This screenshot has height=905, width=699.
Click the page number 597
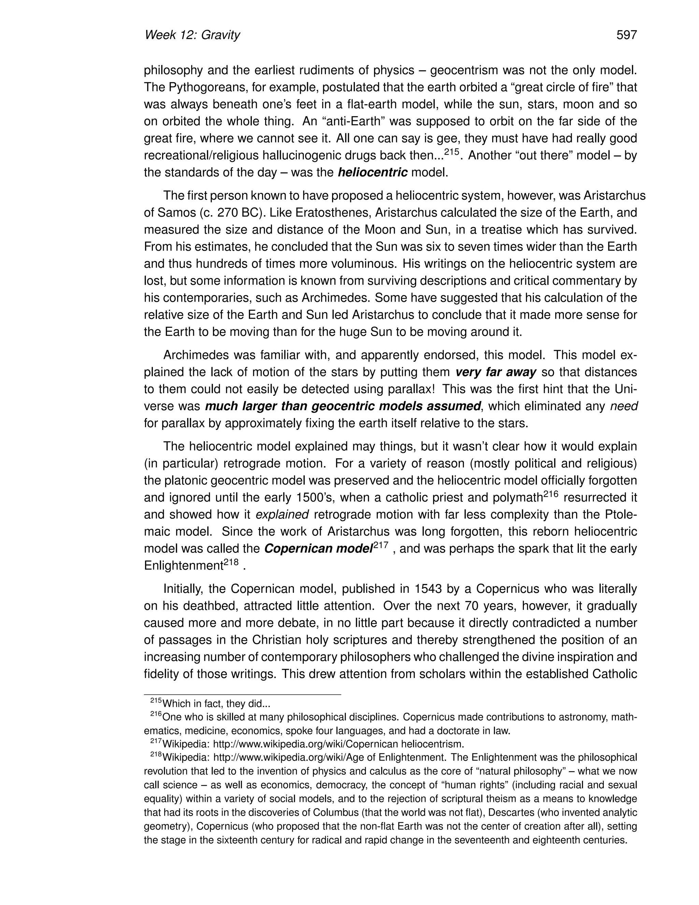626,35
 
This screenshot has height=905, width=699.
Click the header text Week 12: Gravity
192,35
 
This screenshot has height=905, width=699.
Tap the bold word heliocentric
373,172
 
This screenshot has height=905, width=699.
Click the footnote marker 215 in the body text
452,152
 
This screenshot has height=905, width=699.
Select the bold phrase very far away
496,372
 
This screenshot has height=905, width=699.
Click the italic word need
624,406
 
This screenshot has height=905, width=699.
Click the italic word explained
282,515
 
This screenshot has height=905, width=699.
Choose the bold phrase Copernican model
318,549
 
